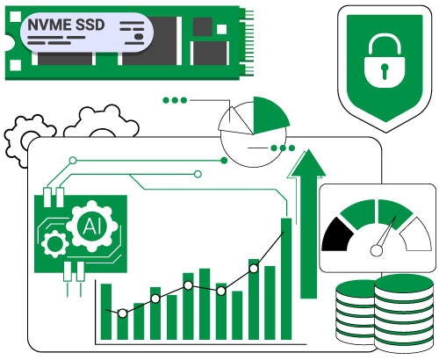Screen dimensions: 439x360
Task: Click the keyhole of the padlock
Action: tap(385, 71)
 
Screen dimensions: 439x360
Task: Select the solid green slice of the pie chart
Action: tap(268, 115)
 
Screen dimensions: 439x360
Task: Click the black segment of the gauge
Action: tap(336, 235)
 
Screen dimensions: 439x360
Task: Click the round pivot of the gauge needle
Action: tap(377, 250)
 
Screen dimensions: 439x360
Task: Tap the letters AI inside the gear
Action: tap(92, 226)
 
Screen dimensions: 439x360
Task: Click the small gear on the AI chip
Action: tap(54, 243)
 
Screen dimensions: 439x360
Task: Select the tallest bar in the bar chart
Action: tap(286, 278)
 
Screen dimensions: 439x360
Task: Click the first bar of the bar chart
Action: tap(106, 312)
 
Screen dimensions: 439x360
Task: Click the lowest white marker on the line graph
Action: tap(123, 313)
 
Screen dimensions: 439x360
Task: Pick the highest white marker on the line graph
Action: tap(254, 269)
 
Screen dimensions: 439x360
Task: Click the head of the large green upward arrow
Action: tap(308, 163)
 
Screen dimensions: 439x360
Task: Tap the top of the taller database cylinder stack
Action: tap(404, 284)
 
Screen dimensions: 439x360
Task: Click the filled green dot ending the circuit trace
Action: tap(224, 161)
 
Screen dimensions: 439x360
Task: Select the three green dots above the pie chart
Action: tap(175, 100)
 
